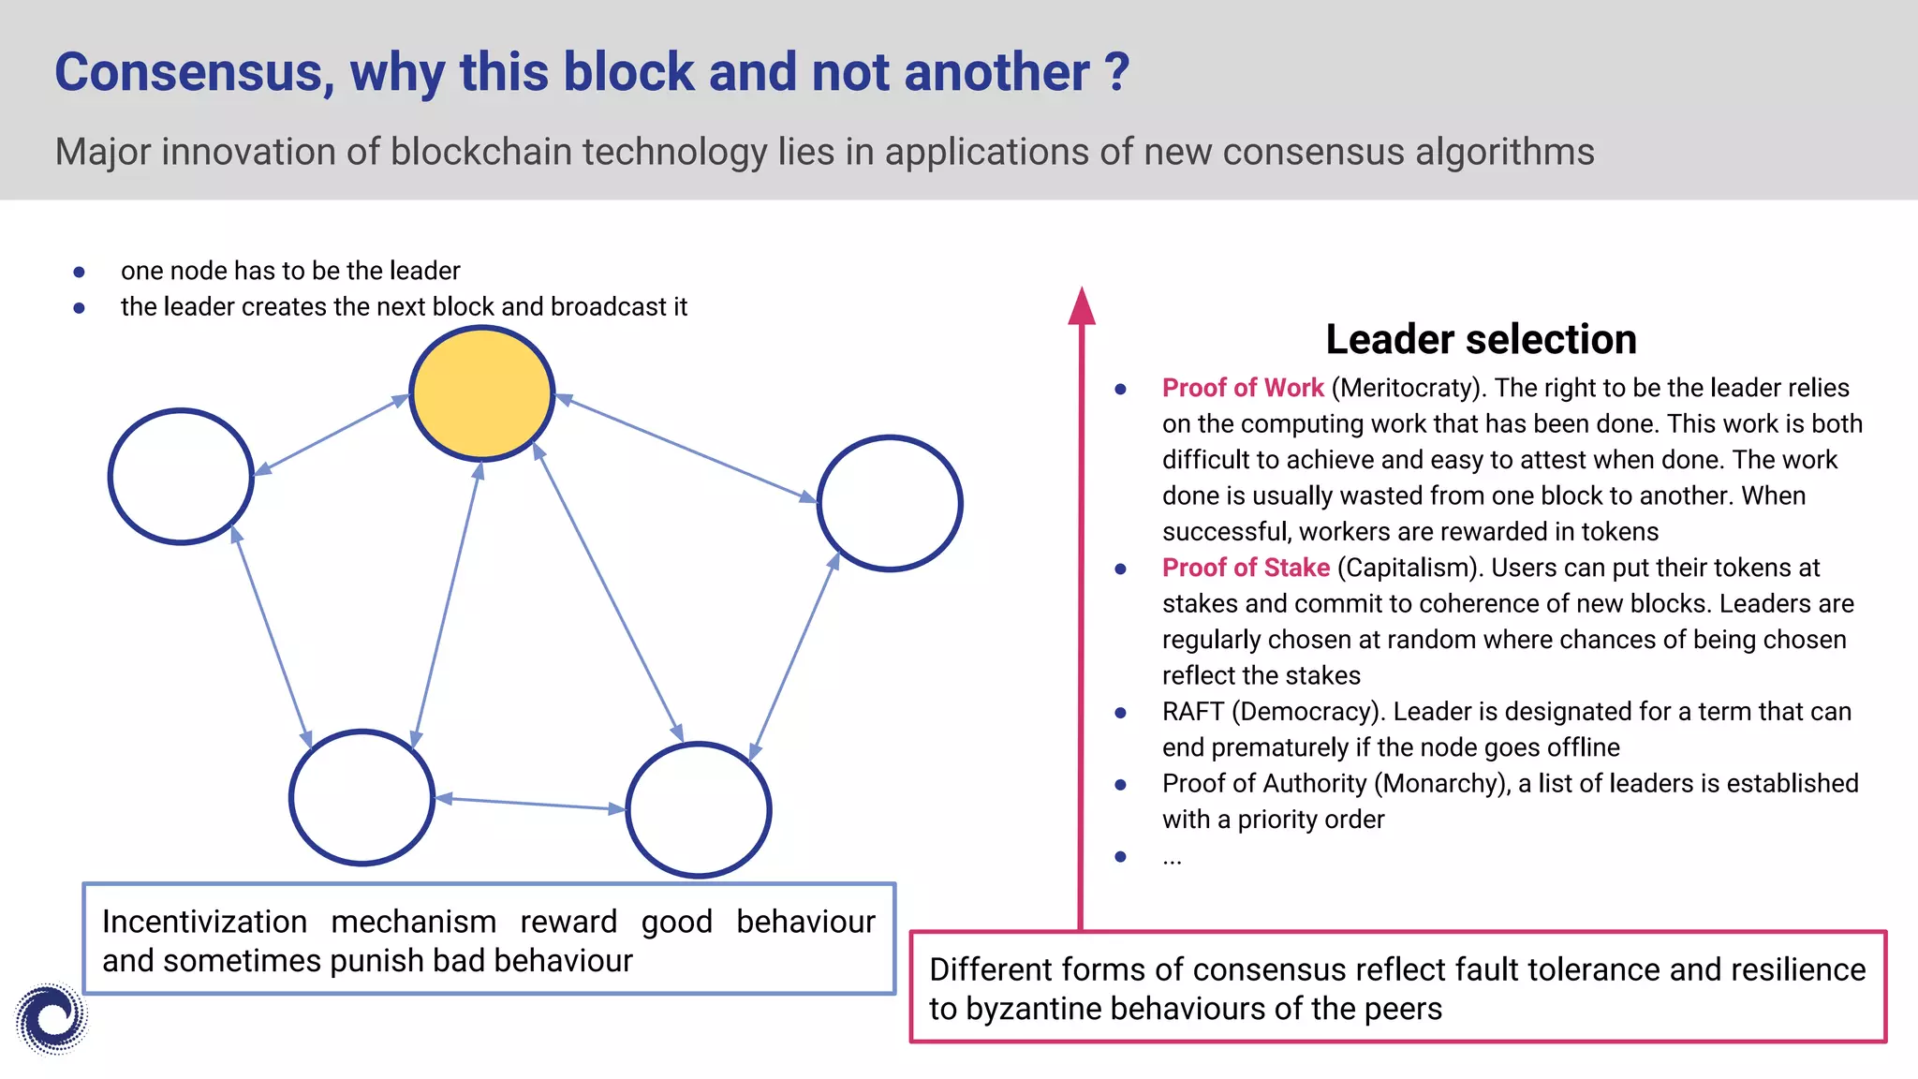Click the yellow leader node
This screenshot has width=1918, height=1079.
(482, 393)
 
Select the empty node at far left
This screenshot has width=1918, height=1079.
(181, 476)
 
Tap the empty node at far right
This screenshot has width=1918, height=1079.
(890, 503)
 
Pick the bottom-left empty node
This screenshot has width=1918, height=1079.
(361, 797)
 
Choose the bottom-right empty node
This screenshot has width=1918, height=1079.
(699, 810)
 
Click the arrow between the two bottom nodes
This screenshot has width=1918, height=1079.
(530, 803)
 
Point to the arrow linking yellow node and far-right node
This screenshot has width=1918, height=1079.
(686, 449)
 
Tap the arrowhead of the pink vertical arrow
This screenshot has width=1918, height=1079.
(1082, 307)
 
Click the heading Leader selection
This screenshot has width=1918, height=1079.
(1481, 339)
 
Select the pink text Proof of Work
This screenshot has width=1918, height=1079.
(1243, 388)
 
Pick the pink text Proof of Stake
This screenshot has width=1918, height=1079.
(1246, 568)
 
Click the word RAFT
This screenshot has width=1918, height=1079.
(1192, 712)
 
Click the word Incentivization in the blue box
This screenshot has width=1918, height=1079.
(204, 922)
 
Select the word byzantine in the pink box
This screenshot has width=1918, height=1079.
(1030, 1009)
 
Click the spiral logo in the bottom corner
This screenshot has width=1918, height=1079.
(52, 1018)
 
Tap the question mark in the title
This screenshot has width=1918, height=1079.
(1115, 72)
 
